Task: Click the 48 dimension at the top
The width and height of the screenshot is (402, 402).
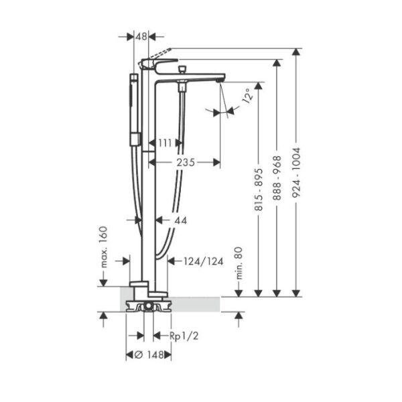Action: pyautogui.click(x=141, y=37)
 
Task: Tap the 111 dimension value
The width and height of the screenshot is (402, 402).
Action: pyautogui.click(x=164, y=142)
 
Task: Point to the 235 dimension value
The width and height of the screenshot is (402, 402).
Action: pyautogui.click(x=186, y=161)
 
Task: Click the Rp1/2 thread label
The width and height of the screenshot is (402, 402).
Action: pyautogui.click(x=183, y=336)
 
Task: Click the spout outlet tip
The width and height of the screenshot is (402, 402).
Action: pyautogui.click(x=221, y=80)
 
